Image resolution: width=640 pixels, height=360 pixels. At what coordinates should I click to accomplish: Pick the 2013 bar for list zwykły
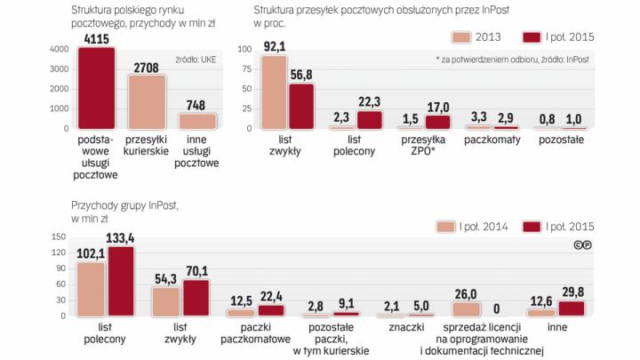click(x=274, y=92)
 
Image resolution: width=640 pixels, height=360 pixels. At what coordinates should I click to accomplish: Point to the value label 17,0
click(x=438, y=108)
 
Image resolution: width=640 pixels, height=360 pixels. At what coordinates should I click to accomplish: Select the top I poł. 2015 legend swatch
click(x=533, y=37)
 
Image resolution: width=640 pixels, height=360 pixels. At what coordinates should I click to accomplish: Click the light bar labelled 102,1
click(x=91, y=289)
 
